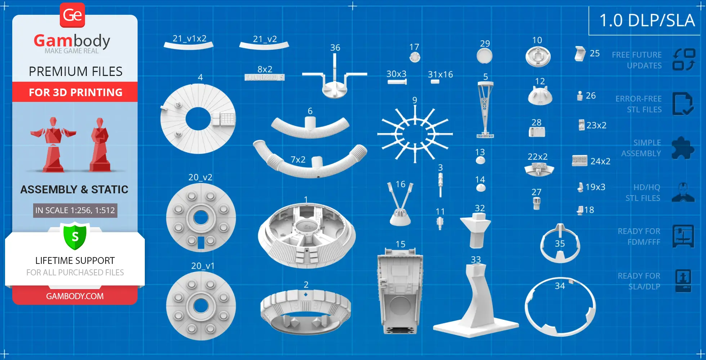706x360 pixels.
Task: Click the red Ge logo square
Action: tap(72, 15)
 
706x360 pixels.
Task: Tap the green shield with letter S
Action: tap(75, 237)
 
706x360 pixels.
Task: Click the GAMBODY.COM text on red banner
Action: tap(75, 296)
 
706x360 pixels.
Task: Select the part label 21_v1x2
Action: tap(189, 39)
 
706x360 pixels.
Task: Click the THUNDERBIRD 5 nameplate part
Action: tap(265, 77)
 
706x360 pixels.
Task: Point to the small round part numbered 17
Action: tap(415, 57)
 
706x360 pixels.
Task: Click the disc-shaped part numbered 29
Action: tap(484, 56)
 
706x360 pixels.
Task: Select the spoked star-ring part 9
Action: tap(415, 134)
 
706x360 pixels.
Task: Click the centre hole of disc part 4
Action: tap(198, 119)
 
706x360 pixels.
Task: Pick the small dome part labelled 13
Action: tap(480, 160)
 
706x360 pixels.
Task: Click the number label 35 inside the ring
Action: tap(560, 244)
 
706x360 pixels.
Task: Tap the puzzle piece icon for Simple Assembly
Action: tap(683, 148)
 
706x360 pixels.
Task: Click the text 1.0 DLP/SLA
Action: tap(647, 21)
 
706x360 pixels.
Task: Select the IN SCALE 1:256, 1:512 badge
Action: tap(75, 210)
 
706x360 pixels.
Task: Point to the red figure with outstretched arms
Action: tap(53, 144)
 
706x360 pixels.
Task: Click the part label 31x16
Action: tap(440, 75)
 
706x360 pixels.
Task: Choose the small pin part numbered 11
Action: tap(440, 223)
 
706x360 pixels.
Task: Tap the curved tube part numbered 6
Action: tap(310, 128)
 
